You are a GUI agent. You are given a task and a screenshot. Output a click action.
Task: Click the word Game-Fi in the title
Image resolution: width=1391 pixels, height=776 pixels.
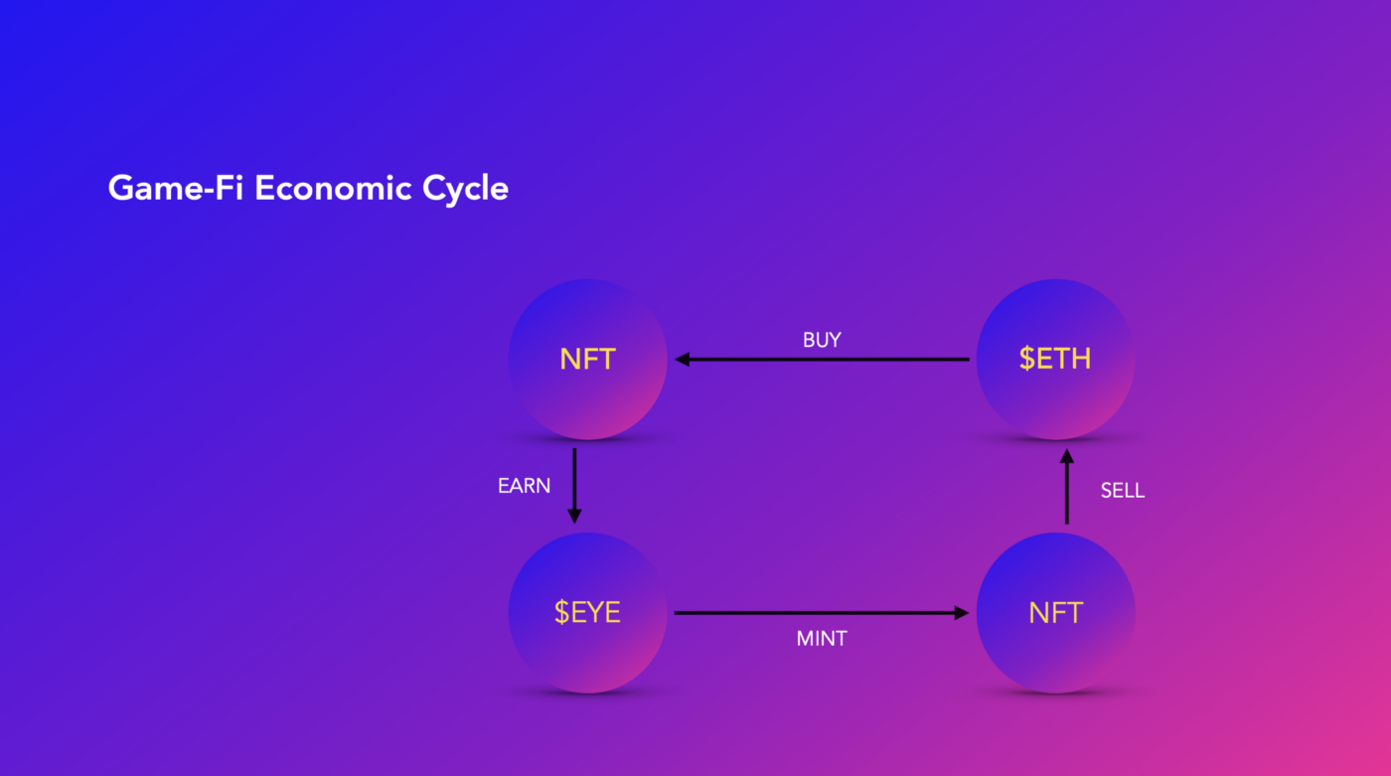[x=175, y=189]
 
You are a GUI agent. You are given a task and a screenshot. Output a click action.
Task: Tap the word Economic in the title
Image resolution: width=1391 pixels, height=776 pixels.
[x=333, y=188]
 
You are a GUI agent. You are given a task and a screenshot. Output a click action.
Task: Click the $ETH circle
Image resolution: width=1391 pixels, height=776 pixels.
[x=1055, y=360]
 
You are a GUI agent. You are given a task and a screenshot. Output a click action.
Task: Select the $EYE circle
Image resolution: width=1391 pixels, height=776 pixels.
[x=587, y=613]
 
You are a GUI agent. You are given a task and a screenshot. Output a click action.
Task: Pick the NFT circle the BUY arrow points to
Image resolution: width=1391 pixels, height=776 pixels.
[x=587, y=360]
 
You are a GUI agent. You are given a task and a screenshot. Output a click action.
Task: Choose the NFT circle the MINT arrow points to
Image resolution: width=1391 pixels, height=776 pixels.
[x=1055, y=613]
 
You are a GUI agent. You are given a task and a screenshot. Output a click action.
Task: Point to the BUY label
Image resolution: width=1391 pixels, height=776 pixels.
[x=822, y=340]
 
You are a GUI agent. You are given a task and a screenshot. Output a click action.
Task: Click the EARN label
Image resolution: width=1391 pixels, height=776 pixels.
[x=525, y=486]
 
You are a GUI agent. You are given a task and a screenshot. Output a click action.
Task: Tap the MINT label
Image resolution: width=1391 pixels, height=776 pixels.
[x=822, y=638]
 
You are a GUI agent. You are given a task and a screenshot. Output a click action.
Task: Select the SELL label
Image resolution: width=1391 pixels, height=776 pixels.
[x=1123, y=491]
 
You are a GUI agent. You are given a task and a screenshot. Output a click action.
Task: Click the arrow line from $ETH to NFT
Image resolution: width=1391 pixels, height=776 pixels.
[x=823, y=359]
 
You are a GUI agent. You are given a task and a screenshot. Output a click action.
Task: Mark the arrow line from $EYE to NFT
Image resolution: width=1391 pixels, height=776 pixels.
[x=822, y=613]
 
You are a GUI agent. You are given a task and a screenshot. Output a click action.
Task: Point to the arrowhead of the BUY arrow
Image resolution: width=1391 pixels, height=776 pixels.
[x=682, y=359]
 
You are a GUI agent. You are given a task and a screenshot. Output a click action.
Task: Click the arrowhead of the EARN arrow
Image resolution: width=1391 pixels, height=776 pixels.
[x=574, y=517]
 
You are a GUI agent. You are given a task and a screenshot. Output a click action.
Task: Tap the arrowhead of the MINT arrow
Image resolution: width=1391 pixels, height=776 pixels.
[x=962, y=613]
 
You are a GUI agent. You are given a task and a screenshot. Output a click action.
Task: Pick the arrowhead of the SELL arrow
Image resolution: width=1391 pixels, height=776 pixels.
[x=1067, y=456]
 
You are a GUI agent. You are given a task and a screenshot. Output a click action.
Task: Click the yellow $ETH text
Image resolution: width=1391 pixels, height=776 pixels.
[x=1055, y=359]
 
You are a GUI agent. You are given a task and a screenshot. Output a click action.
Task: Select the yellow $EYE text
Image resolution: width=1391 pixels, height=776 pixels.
[x=587, y=612]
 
